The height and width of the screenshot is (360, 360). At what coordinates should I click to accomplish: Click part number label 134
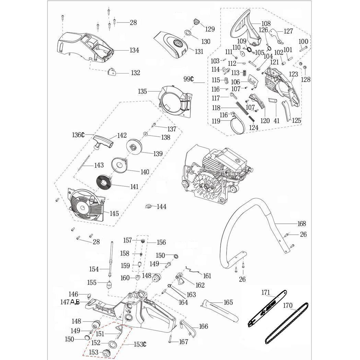tap(134, 50)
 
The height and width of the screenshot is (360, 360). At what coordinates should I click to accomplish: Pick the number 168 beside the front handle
tap(301, 224)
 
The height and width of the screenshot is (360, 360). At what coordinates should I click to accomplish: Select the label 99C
tap(188, 79)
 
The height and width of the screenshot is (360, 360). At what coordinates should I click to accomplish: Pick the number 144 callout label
tap(161, 207)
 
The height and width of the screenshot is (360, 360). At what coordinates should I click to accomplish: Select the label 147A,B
tap(70, 302)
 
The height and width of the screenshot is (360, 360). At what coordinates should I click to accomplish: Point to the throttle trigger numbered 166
tap(188, 328)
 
